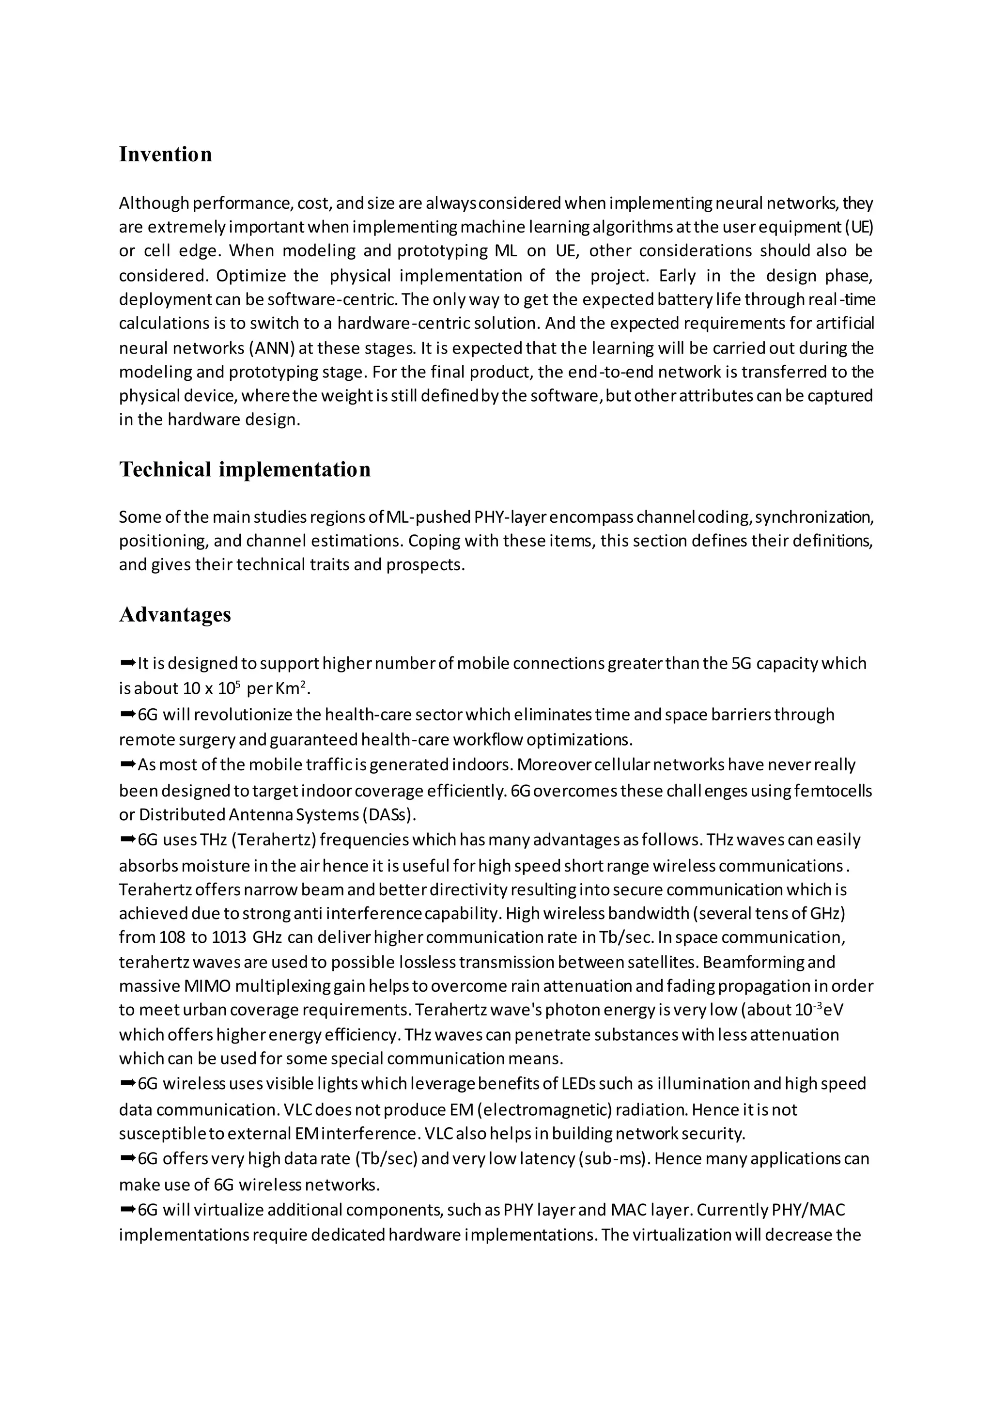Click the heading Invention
point(166,154)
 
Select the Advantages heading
point(175,614)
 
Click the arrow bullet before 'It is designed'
point(128,662)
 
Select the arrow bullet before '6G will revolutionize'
point(128,714)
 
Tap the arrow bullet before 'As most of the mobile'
point(128,764)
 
